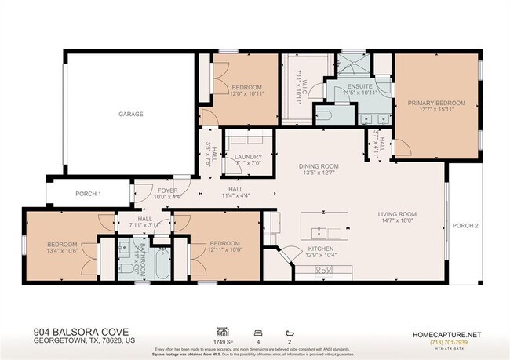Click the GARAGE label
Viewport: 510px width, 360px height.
(x=130, y=114)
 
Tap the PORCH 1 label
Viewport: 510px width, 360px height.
(x=88, y=194)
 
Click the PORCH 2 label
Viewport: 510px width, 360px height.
(x=464, y=225)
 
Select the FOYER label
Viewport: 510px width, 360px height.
(x=168, y=190)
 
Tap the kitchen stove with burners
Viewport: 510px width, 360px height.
(x=325, y=271)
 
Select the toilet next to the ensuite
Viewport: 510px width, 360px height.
(x=324, y=116)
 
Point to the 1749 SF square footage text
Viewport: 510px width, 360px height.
(x=222, y=341)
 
